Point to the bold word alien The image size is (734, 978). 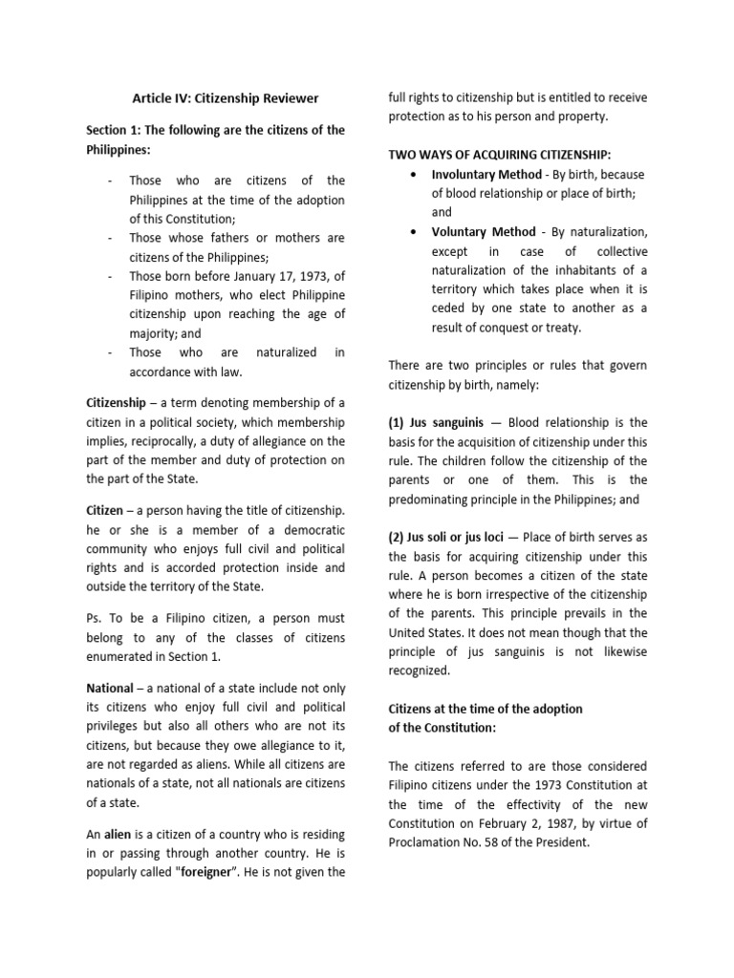[119, 835]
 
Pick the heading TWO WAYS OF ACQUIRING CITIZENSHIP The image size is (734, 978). [500, 155]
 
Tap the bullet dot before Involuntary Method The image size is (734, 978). [411, 175]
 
